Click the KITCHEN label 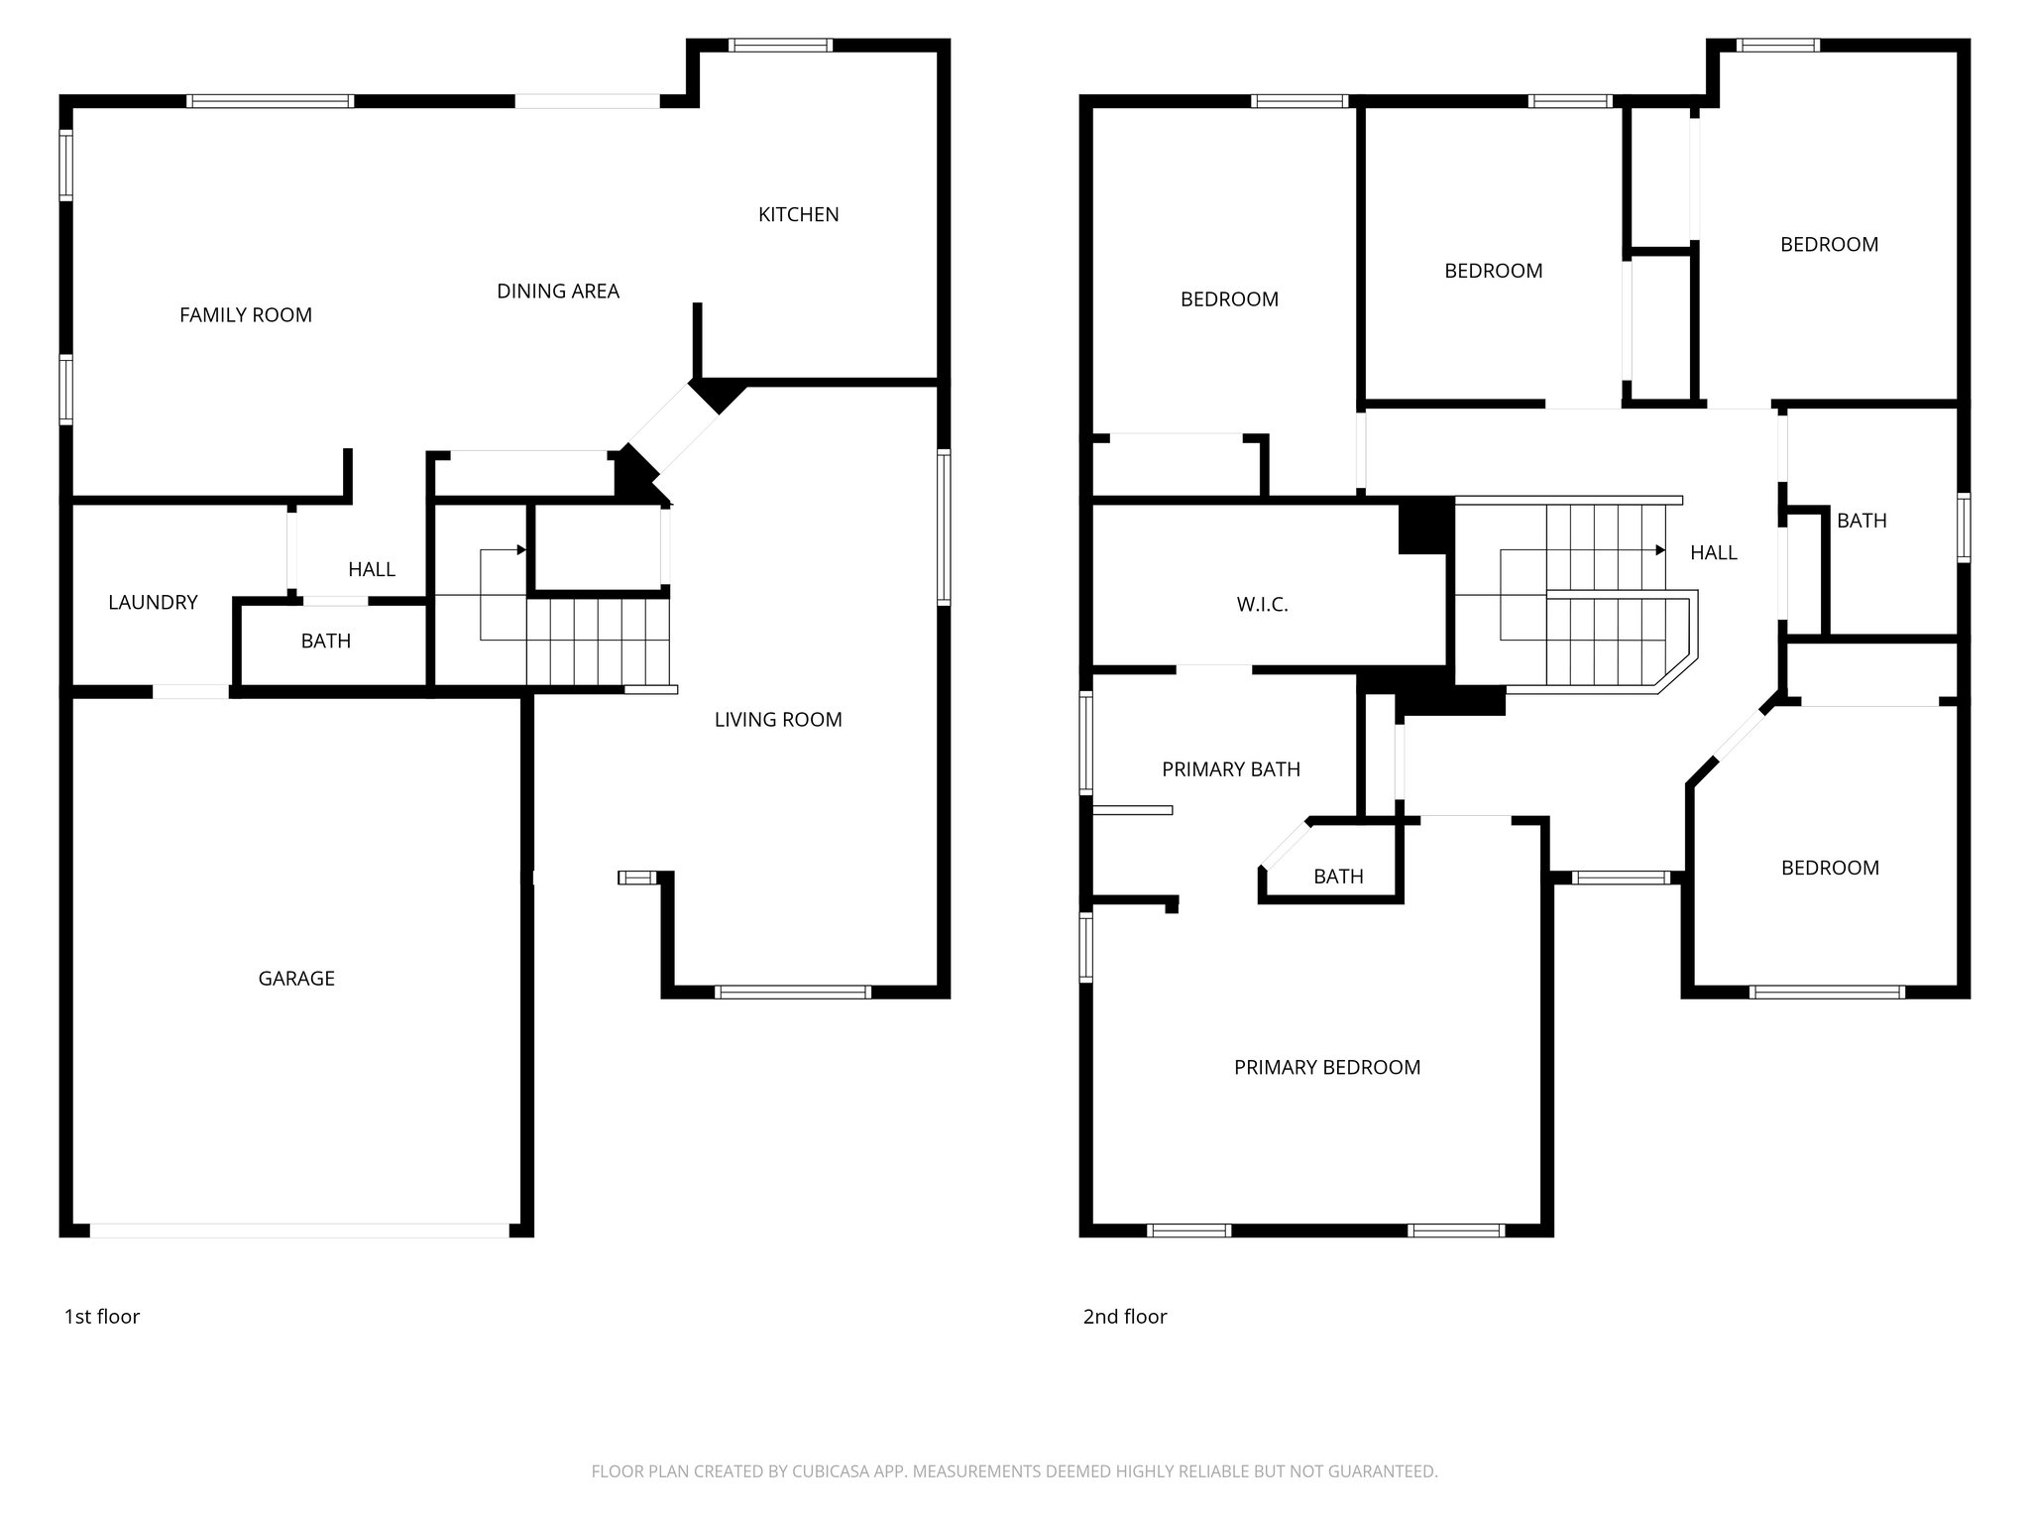pos(798,214)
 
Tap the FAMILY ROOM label pos(245,315)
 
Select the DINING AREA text pos(557,292)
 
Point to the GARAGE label pos(296,979)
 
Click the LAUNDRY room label pos(153,603)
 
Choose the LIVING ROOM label pos(778,720)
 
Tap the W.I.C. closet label pos(1262,605)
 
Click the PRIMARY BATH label pos(1230,769)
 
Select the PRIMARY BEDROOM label pos(1326,1068)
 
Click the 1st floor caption pos(102,1317)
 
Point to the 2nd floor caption pos(1124,1317)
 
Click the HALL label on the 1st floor pos(372,570)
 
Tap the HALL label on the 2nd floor pos(1713,553)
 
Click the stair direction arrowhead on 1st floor pos(521,549)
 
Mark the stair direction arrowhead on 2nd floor pos(1660,549)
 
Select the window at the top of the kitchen pos(780,45)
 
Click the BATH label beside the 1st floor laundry pos(326,642)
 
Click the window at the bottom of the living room pos(792,992)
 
